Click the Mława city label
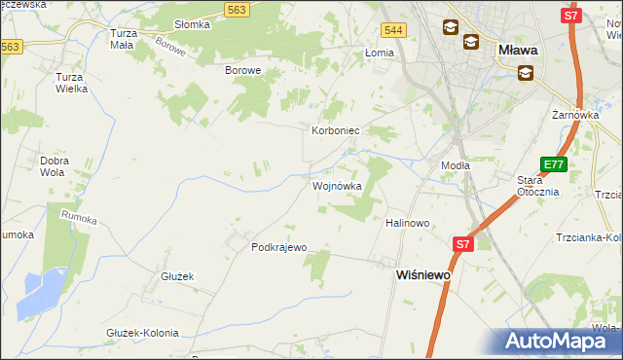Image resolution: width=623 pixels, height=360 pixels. (518, 48)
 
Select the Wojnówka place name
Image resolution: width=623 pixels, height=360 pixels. (337, 185)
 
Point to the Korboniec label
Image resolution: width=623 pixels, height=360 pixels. (336, 129)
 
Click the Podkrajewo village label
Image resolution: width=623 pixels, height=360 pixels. (279, 247)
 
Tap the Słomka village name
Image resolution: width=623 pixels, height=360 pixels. (192, 24)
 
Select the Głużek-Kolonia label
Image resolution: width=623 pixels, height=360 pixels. (142, 333)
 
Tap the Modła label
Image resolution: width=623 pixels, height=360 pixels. (456, 165)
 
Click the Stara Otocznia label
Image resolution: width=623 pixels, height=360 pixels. (536, 185)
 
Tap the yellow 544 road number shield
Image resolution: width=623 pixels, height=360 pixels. (393, 31)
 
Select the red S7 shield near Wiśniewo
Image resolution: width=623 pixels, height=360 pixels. (462, 245)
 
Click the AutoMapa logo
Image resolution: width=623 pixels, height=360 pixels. (563, 342)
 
